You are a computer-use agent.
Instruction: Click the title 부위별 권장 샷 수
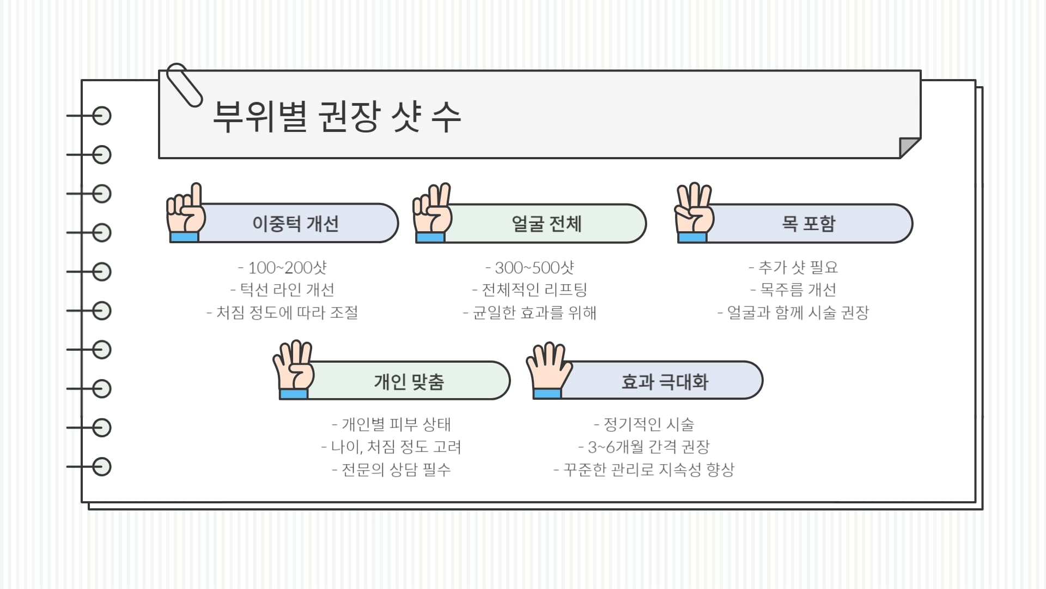pos(336,116)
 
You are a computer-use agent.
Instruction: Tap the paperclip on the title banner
pos(184,85)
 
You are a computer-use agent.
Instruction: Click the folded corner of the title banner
pos(908,147)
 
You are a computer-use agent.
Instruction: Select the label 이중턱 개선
pos(295,224)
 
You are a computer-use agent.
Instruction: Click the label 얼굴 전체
pos(546,224)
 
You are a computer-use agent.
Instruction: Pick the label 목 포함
pos(808,224)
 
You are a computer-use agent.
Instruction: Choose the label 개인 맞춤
pos(409,381)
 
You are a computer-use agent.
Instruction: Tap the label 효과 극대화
pos(665,381)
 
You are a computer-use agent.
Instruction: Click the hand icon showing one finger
pos(185,214)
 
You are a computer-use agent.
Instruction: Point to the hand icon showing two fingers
pos(432,214)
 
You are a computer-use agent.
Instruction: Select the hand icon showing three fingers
pos(694,214)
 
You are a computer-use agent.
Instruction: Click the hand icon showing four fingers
pos(294,371)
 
